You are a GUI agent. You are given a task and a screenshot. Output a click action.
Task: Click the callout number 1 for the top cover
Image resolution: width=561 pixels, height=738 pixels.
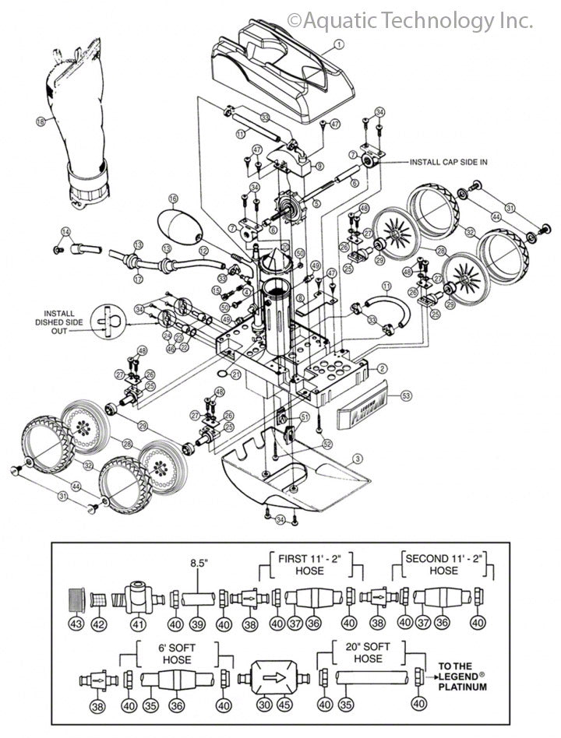coord(339,44)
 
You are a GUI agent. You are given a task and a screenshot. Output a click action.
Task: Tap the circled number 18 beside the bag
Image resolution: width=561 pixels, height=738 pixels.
coord(41,121)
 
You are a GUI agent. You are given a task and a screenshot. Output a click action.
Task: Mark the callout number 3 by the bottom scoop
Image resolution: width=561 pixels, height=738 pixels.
coord(358,459)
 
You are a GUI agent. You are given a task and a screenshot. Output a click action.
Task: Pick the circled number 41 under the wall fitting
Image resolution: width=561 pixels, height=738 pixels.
coord(138,625)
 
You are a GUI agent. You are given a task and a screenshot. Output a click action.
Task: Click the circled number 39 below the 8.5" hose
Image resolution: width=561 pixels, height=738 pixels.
coord(197,625)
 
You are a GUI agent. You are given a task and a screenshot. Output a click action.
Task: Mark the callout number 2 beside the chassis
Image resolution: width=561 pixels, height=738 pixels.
coord(383,367)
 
